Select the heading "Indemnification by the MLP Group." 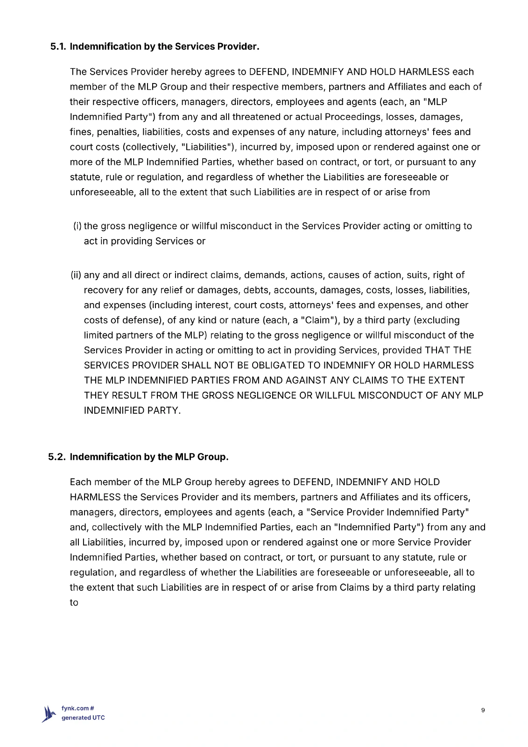tap(149, 457)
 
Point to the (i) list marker tap(77, 226)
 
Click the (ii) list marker tap(76, 275)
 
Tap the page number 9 tap(483, 710)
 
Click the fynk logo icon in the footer tap(49, 713)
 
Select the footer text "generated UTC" tap(83, 718)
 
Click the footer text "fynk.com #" tap(78, 708)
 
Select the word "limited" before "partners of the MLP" tap(99, 335)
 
